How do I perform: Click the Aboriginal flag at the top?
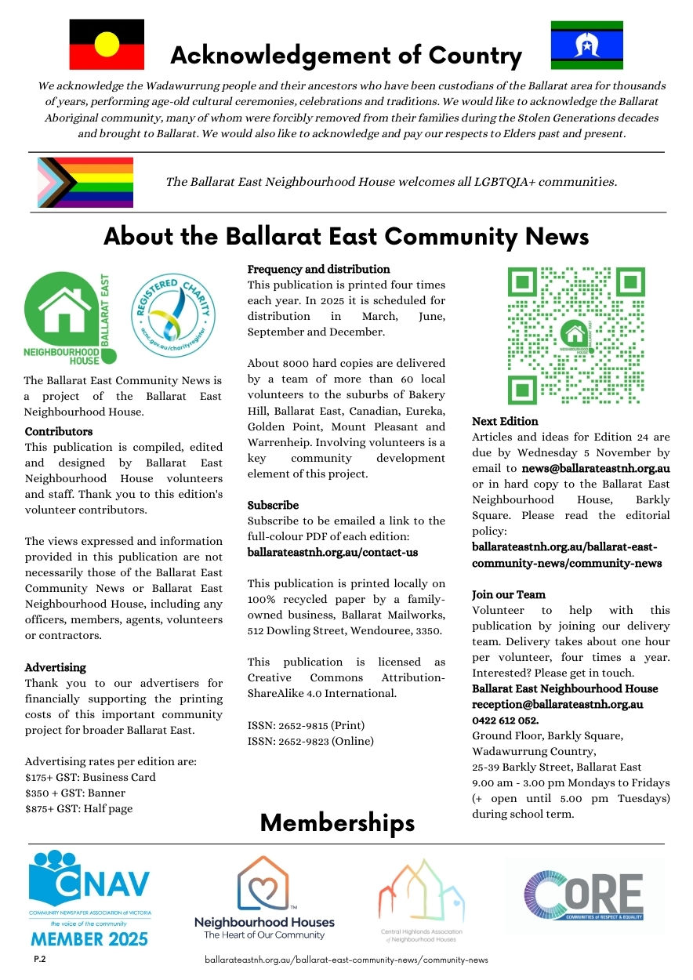107,44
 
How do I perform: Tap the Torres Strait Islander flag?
586,45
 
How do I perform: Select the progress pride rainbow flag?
85,182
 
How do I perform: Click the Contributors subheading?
59,431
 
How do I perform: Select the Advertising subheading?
56,667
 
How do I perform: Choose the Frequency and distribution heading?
318,269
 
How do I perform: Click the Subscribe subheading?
273,505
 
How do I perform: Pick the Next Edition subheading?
505,421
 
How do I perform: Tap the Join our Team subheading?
509,594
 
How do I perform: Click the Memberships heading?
337,822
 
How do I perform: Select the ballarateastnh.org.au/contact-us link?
332,552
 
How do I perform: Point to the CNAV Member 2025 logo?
90,898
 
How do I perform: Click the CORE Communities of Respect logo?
585,894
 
